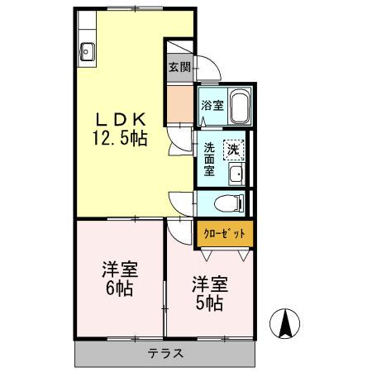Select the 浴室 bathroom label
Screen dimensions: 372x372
click(211, 105)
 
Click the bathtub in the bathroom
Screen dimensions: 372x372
click(238, 107)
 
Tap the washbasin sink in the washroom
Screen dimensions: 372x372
click(236, 174)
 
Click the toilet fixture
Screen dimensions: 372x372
click(228, 202)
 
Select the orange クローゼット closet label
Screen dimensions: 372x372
click(224, 233)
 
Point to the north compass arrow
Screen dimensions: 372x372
click(285, 323)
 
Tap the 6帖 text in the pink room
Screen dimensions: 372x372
click(119, 289)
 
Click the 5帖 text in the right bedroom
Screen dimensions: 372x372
click(208, 303)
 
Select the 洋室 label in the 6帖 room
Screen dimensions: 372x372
click(119, 270)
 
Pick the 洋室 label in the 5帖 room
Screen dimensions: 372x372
click(208, 284)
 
